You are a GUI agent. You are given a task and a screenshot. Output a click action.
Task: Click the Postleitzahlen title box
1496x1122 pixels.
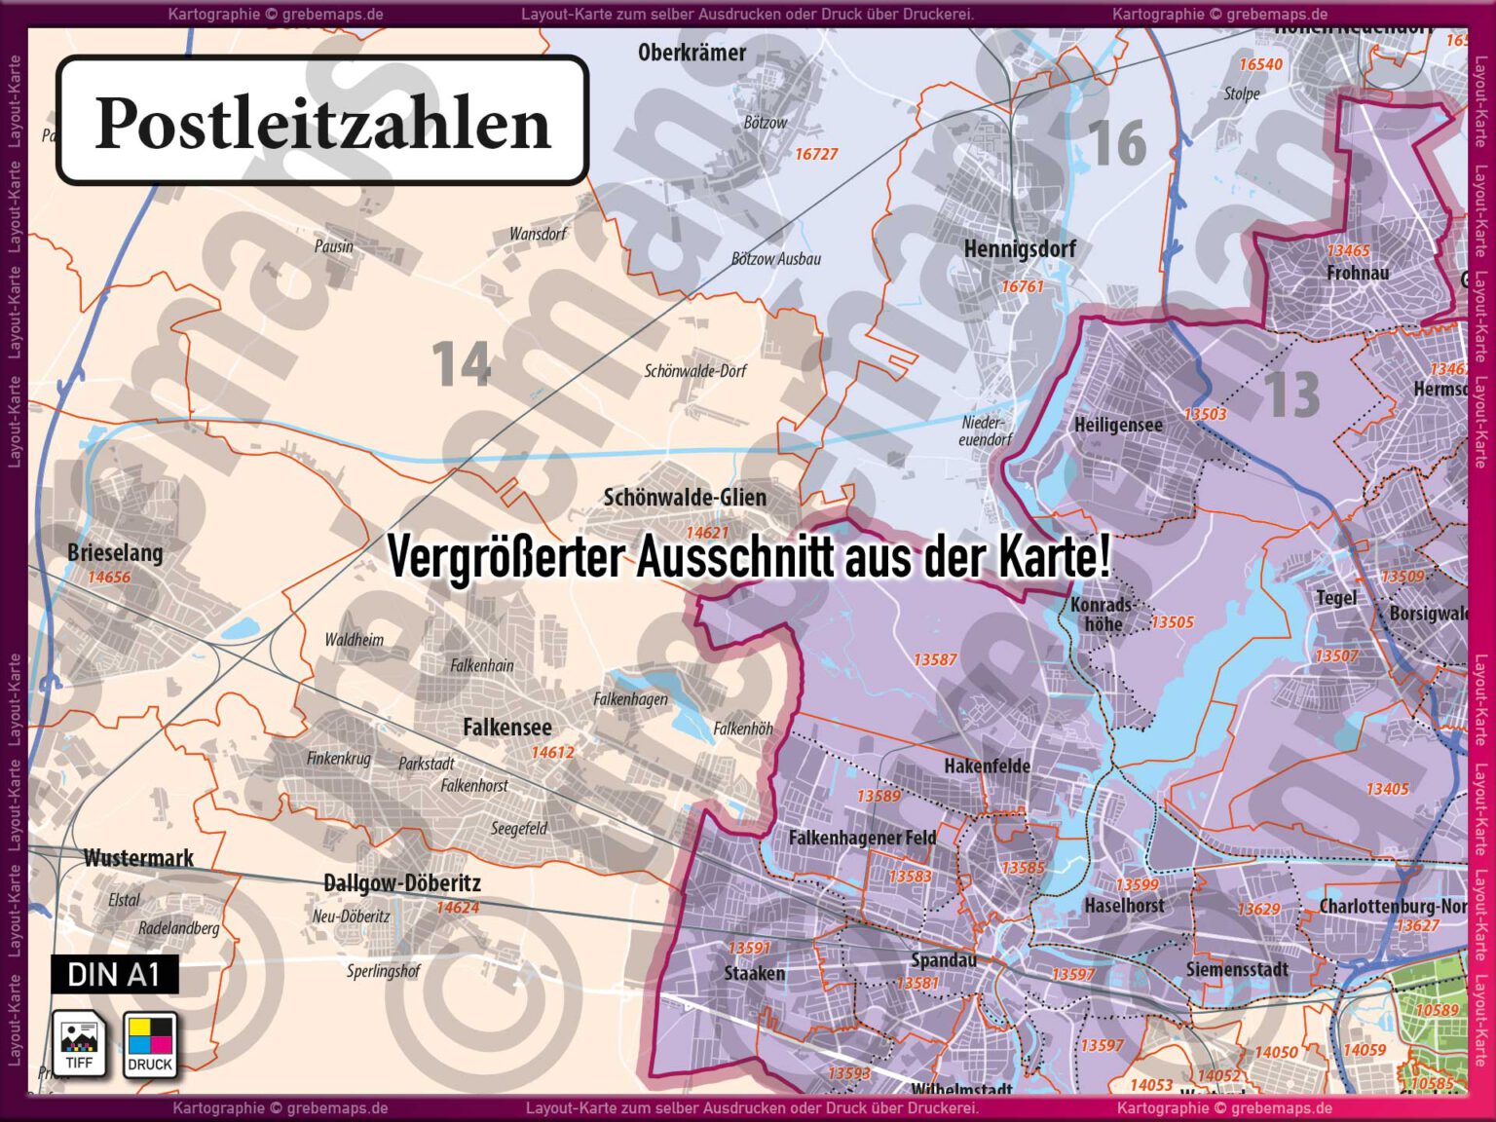pyautogui.click(x=322, y=121)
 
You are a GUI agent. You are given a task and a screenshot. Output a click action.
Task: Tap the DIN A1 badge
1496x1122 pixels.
pyautogui.click(x=114, y=974)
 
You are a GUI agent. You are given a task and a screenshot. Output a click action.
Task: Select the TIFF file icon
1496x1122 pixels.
pyautogui.click(x=79, y=1044)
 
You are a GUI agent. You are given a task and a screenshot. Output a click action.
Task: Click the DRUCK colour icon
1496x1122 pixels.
pyautogui.click(x=150, y=1044)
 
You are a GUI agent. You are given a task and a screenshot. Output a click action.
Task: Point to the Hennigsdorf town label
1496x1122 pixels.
pyautogui.click(x=1020, y=249)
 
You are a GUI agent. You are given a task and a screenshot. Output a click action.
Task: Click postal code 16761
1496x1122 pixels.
pyautogui.click(x=1023, y=286)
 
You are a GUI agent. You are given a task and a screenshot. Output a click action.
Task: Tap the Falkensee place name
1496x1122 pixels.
pyautogui.click(x=506, y=728)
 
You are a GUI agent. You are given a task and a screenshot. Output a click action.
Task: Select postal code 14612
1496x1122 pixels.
pyautogui.click(x=552, y=752)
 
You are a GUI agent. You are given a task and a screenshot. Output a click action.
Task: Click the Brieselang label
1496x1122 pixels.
pyautogui.click(x=115, y=553)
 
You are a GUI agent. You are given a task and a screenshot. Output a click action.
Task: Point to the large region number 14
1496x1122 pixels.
pyautogui.click(x=461, y=363)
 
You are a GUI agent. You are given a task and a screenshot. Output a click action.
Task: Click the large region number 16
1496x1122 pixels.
pyautogui.click(x=1116, y=143)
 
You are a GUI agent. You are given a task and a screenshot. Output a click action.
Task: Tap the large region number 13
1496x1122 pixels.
pyautogui.click(x=1291, y=394)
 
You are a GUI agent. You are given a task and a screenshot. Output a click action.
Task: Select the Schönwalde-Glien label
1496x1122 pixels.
pyautogui.click(x=685, y=498)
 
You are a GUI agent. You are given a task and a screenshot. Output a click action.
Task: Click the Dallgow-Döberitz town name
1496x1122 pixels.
pyautogui.click(x=401, y=883)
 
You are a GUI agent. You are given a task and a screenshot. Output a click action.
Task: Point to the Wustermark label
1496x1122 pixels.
pyautogui.click(x=138, y=858)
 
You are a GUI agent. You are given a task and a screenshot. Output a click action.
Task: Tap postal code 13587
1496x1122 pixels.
pyautogui.click(x=935, y=659)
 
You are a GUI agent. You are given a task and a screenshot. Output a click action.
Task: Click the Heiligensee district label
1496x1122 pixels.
pyautogui.click(x=1118, y=426)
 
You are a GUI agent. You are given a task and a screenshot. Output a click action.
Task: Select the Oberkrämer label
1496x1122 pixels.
pyautogui.click(x=692, y=53)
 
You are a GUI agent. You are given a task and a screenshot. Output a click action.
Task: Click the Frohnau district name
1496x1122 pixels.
pyautogui.click(x=1358, y=274)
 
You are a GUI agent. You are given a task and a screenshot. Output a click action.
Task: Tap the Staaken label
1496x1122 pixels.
pyautogui.click(x=754, y=973)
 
